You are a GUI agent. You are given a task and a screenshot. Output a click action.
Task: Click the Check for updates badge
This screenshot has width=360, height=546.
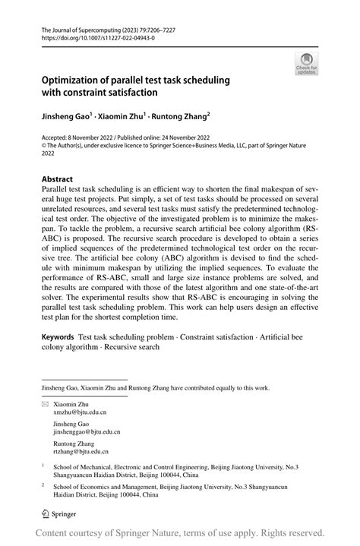307,64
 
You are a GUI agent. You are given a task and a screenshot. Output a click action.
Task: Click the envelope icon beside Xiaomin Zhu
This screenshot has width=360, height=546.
46,404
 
